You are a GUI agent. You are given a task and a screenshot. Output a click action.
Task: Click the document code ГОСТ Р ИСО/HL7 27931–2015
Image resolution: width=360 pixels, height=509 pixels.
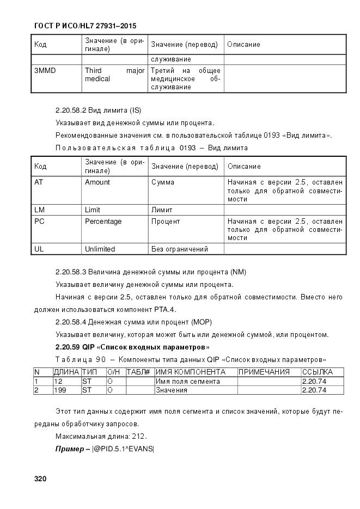point(86,26)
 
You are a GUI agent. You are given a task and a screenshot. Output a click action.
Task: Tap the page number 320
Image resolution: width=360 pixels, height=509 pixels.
point(40,479)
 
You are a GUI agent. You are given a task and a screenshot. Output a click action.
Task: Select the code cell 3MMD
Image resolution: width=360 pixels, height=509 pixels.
point(45,71)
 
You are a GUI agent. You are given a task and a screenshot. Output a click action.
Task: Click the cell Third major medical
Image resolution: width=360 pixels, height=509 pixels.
point(114,75)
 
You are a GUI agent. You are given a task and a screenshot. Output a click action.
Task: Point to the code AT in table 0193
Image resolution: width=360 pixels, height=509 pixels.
point(39,182)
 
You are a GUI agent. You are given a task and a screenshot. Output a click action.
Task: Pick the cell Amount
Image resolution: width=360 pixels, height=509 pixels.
point(97,182)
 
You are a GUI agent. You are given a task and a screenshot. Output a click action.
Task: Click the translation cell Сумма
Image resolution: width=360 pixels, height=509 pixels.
point(163,182)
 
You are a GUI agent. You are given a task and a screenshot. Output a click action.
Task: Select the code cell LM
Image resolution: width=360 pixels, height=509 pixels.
point(39,210)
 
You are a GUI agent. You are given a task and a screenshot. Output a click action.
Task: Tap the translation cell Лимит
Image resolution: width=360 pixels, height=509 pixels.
point(162,210)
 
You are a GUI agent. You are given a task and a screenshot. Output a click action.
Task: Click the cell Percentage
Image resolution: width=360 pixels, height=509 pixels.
point(103,222)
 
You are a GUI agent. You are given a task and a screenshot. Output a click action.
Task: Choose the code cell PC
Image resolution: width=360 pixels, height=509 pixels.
point(39,222)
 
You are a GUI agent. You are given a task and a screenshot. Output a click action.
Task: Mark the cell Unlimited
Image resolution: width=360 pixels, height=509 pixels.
point(100,249)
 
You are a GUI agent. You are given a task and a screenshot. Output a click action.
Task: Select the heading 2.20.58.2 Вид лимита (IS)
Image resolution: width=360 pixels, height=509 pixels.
point(98,110)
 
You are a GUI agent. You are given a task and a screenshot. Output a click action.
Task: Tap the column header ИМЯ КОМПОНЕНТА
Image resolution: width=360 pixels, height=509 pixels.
point(191,372)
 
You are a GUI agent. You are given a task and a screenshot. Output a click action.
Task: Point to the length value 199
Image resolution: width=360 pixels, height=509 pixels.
point(60,390)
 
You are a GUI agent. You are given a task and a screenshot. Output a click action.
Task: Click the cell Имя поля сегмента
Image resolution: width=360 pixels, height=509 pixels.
point(188,381)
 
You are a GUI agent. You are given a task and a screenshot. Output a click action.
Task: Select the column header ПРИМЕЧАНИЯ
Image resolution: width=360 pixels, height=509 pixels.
point(264,372)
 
